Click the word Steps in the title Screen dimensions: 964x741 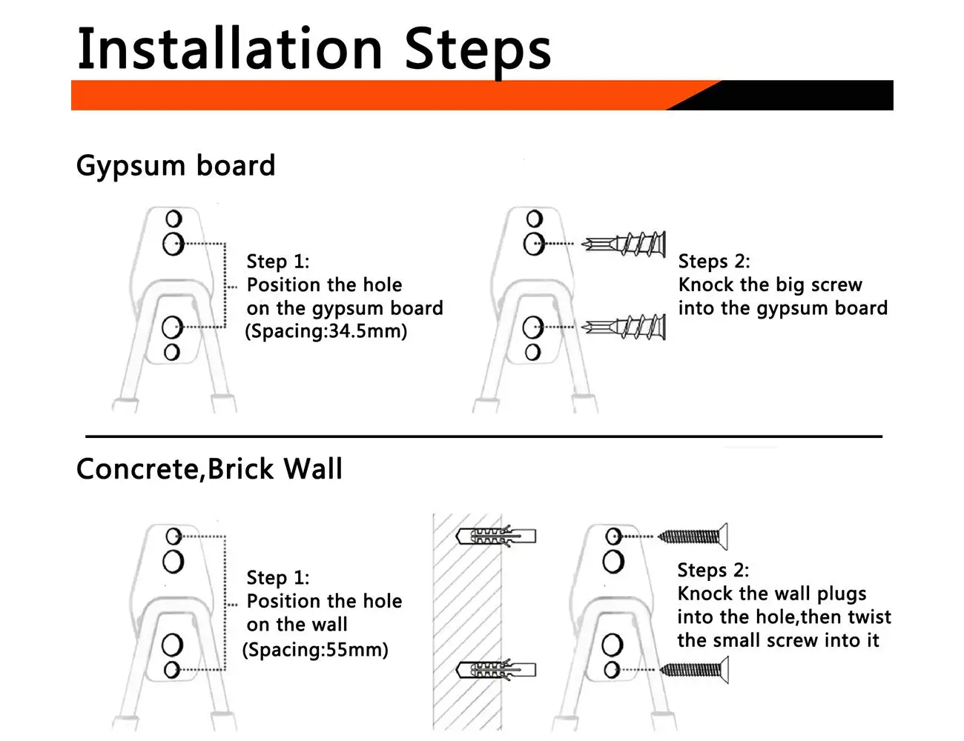(478, 53)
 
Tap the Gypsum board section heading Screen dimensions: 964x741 (176, 166)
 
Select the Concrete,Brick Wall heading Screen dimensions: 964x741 (209, 468)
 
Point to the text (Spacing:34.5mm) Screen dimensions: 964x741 (326, 331)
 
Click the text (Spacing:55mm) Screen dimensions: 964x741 (315, 650)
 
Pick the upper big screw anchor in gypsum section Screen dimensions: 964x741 (624, 244)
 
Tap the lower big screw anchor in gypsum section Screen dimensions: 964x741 (624, 328)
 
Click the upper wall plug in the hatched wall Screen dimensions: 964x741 (496, 536)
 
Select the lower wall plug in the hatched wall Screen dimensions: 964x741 (496, 669)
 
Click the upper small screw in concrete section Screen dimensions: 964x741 (693, 536)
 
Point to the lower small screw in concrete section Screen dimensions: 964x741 (693, 669)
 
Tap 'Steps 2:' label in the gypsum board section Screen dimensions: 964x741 (714, 261)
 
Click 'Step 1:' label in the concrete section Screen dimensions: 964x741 (278, 577)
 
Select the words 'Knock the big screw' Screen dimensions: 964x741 (770, 285)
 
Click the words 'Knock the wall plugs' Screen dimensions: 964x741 (771, 594)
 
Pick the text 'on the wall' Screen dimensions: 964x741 (297, 625)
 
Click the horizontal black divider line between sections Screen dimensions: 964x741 (484, 436)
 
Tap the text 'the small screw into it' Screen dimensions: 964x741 (778, 640)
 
